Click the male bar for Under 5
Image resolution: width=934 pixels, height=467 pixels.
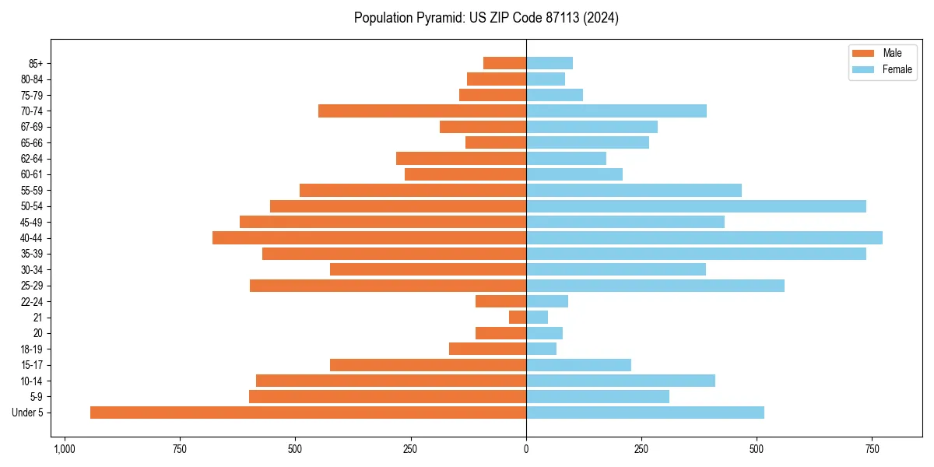coord(308,413)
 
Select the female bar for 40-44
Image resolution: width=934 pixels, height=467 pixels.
coord(704,237)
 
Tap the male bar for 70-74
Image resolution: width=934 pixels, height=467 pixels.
coord(422,111)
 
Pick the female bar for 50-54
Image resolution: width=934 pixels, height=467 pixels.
coord(696,206)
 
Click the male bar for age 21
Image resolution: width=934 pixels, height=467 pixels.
coord(518,318)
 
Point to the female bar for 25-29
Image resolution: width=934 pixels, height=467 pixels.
coord(655,286)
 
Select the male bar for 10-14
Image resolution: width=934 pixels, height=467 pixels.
coord(391,381)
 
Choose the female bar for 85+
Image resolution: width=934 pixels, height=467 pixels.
coord(550,63)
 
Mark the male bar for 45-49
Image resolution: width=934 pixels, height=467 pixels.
coord(383,222)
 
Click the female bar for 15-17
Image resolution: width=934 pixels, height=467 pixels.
coord(578,365)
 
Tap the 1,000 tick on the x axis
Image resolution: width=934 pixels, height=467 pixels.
coord(64,450)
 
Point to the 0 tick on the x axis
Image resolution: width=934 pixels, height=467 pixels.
coord(526,450)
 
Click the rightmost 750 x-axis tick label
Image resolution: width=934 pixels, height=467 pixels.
coord(872,450)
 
